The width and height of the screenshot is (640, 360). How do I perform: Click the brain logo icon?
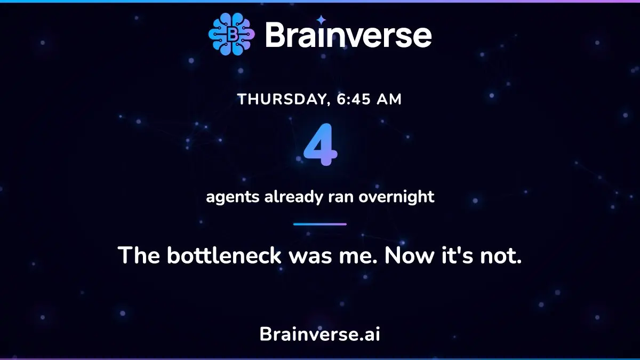click(231, 34)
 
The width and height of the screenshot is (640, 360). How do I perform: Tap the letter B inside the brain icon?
click(233, 35)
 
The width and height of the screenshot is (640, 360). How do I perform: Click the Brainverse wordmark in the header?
click(349, 35)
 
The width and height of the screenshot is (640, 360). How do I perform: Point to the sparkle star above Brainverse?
click(322, 20)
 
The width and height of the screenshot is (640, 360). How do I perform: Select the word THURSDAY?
click(282, 99)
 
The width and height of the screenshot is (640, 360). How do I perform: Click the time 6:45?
click(354, 99)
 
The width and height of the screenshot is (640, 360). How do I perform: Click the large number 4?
click(321, 145)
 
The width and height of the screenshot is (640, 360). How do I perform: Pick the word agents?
click(233, 197)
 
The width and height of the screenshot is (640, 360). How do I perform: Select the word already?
click(294, 197)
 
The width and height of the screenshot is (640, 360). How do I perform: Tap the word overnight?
click(397, 197)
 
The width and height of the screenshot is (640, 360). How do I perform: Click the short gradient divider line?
click(320, 225)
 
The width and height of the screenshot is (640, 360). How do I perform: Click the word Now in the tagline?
click(410, 255)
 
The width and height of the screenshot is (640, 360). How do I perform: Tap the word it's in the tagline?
click(457, 255)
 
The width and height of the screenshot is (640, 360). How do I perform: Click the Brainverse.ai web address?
click(320, 334)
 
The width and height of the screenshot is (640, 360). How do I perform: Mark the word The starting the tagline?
click(139, 255)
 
